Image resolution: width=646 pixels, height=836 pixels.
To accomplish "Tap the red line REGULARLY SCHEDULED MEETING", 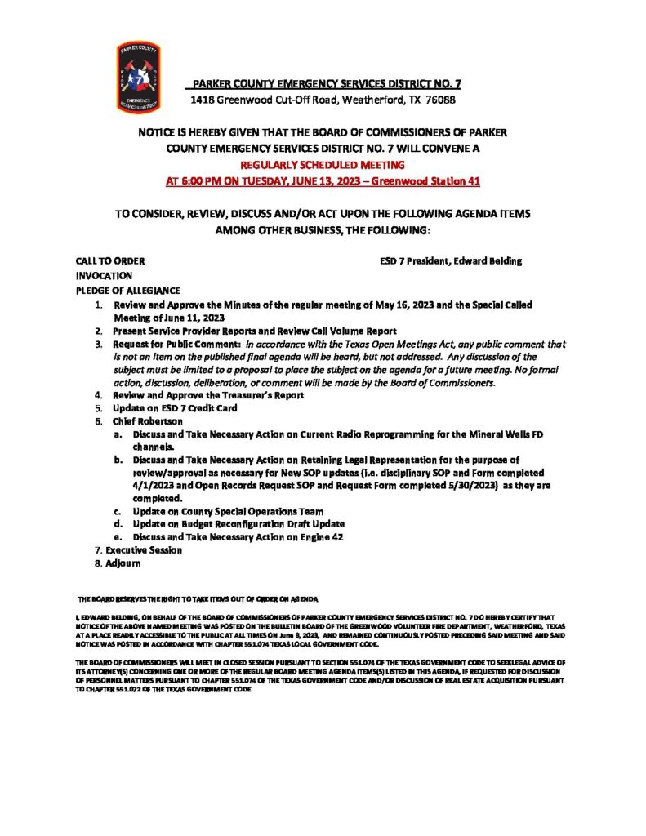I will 323,164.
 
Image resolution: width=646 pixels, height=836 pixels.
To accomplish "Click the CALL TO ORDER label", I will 110,261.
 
